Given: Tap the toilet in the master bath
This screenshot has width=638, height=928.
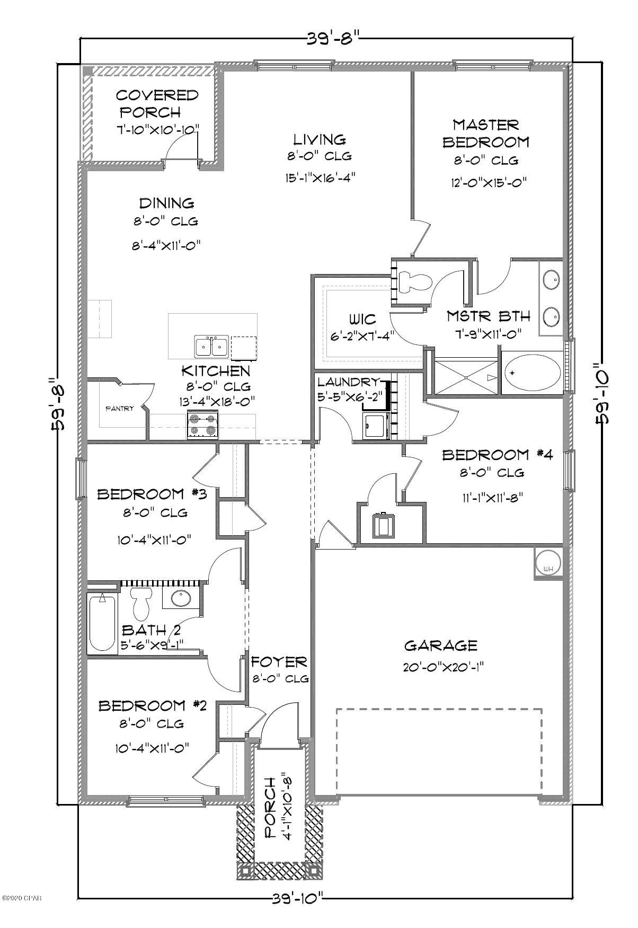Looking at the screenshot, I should tap(413, 281).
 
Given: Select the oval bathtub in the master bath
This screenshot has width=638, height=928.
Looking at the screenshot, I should tap(532, 373).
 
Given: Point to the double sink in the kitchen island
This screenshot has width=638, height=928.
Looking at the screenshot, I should tap(211, 348).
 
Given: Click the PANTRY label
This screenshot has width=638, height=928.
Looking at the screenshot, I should tap(120, 409).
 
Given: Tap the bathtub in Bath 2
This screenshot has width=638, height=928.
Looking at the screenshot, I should tap(103, 624).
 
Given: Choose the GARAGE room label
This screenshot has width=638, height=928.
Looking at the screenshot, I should tap(441, 646).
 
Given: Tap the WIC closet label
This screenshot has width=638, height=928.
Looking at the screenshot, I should tap(363, 319).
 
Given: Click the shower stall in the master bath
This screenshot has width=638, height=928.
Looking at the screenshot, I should tap(465, 377).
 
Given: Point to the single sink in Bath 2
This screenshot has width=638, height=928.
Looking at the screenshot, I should tap(182, 598).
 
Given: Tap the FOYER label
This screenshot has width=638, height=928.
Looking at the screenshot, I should tap(279, 661).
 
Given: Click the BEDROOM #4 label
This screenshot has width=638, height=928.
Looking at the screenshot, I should tap(493, 455).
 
